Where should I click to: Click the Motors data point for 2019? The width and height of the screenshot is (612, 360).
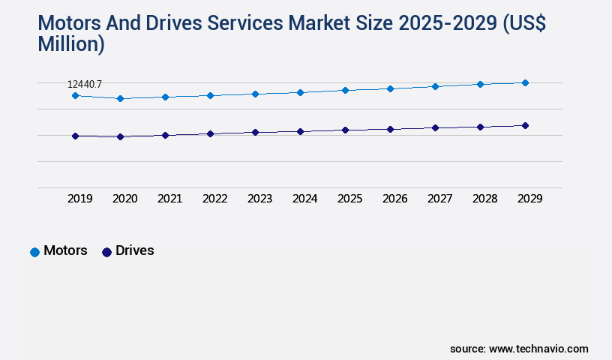(x=75, y=95)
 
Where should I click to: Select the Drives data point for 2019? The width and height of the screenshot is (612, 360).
(x=75, y=136)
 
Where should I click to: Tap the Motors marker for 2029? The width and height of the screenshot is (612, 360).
(x=525, y=82)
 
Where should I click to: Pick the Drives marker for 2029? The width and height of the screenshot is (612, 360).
(x=525, y=125)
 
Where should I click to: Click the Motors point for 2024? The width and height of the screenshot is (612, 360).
(x=300, y=92)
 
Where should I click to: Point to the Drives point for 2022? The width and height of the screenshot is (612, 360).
(x=210, y=133)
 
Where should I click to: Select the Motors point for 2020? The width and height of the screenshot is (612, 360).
(x=120, y=98)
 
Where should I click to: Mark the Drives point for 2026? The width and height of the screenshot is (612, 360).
(x=390, y=129)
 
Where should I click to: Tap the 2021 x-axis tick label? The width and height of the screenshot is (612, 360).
(x=169, y=199)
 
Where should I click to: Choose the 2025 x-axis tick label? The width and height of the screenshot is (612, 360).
(x=349, y=199)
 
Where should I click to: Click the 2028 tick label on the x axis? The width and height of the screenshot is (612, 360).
(x=484, y=199)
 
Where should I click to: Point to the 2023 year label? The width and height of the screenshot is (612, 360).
(x=259, y=199)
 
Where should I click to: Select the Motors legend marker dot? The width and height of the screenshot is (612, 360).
(x=34, y=252)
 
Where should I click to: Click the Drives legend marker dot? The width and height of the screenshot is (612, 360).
(x=106, y=252)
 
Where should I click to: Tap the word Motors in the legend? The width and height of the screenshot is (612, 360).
(x=65, y=251)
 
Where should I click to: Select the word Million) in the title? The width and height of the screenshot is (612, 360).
(x=71, y=43)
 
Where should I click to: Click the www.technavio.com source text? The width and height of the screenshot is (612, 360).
(x=538, y=349)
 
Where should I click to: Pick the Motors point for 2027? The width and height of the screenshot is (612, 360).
(x=435, y=86)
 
